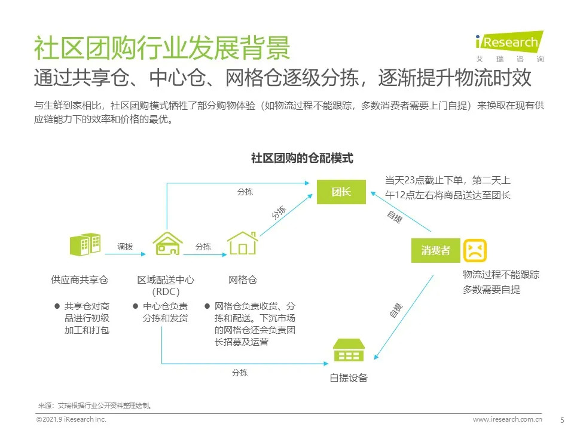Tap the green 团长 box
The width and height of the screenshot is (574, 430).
[341, 192]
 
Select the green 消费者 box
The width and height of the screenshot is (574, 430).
[435, 250]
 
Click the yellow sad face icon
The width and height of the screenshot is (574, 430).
[475, 250]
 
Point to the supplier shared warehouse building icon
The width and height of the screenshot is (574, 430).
[85, 245]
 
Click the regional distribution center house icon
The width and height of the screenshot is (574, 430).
[167, 244]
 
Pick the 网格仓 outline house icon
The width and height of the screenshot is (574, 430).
[243, 244]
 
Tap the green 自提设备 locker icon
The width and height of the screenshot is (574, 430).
[349, 351]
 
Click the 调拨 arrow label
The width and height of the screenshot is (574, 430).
[125, 247]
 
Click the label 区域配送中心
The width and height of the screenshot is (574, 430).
[166, 279]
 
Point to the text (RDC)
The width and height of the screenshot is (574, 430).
[166, 291]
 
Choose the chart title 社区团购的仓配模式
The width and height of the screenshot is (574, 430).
[302, 158]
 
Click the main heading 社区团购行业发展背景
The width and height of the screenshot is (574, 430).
[161, 48]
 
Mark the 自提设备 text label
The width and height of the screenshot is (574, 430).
[349, 377]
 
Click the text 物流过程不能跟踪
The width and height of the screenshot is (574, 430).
[501, 275]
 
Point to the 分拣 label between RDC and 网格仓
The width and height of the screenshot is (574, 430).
[203, 247]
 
